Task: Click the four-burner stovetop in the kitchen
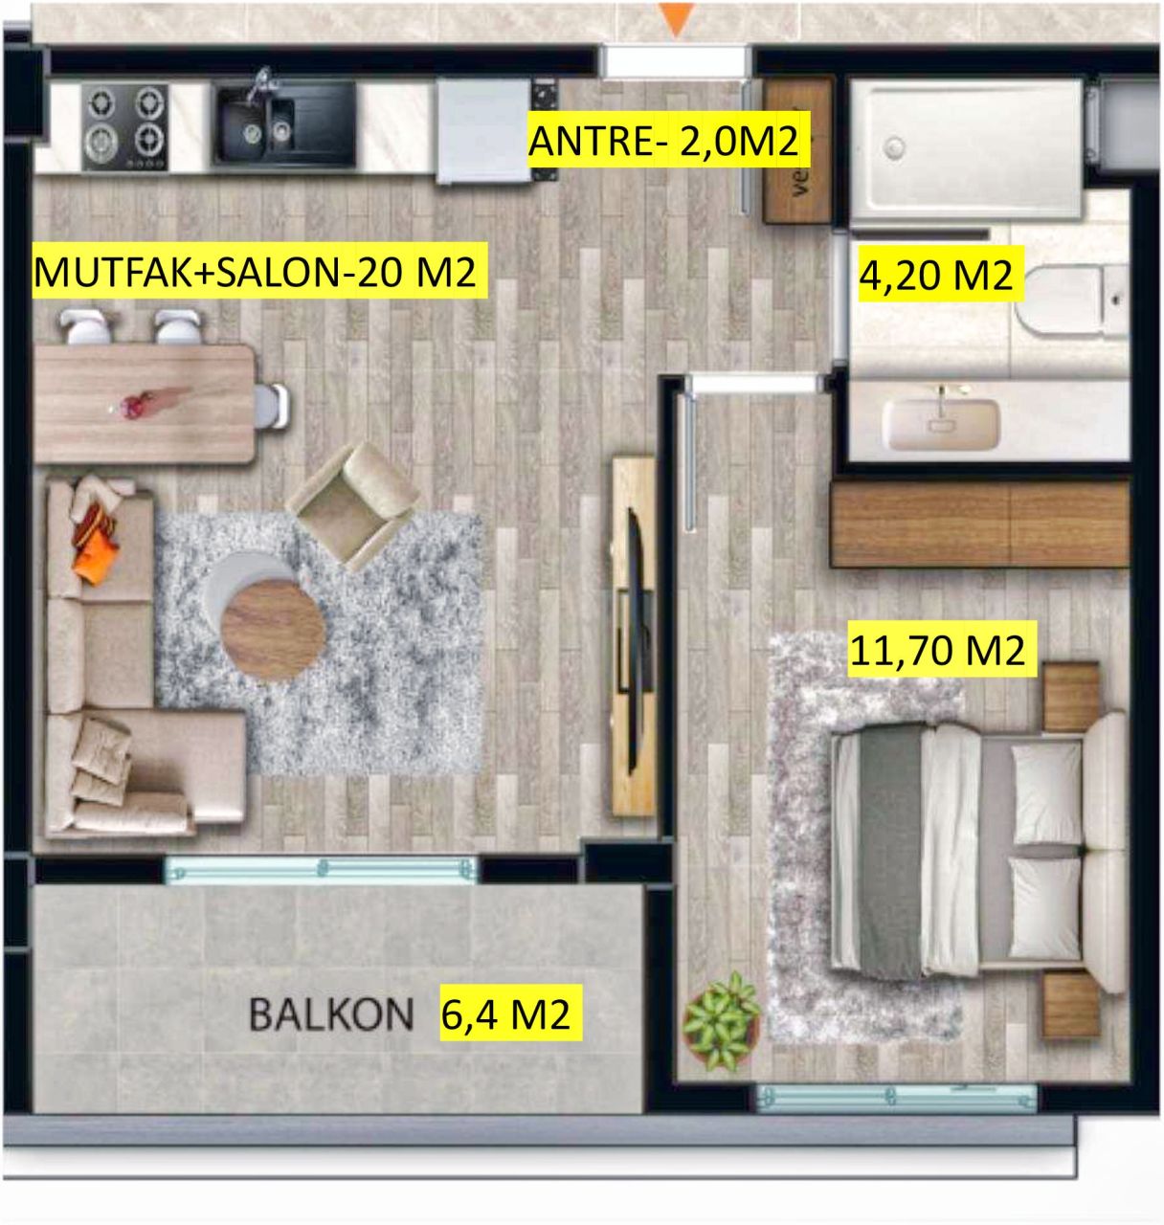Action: coord(124,126)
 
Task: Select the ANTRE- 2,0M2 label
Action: coord(662,142)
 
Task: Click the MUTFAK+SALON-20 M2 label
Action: coord(255,273)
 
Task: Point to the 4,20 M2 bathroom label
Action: coord(934,276)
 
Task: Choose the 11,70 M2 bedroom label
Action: coord(938,651)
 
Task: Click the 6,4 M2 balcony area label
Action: coord(506,1013)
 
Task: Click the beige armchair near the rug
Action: coord(353,502)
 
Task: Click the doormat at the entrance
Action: coord(796,151)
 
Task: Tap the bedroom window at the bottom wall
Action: coord(896,1097)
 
